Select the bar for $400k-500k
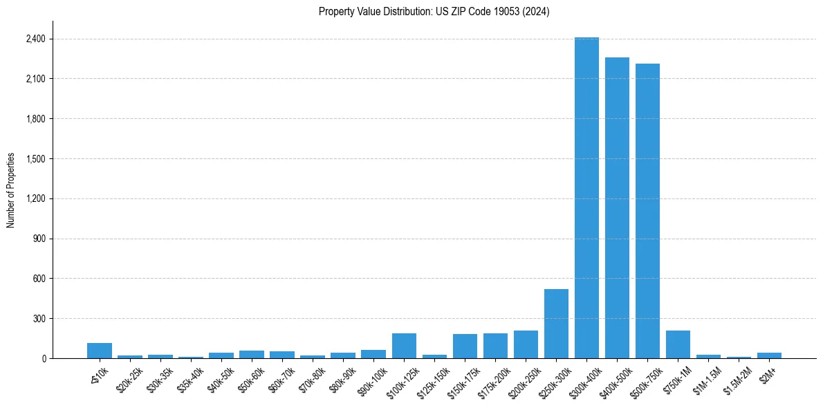[617, 207]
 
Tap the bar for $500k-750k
[647, 211]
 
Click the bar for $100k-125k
[404, 346]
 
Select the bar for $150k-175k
[465, 346]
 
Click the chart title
[434, 12]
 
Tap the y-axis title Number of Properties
[11, 190]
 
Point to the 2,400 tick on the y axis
[35, 39]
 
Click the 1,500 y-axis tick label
[35, 159]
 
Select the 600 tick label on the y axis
[39, 279]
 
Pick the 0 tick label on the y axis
[43, 358]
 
